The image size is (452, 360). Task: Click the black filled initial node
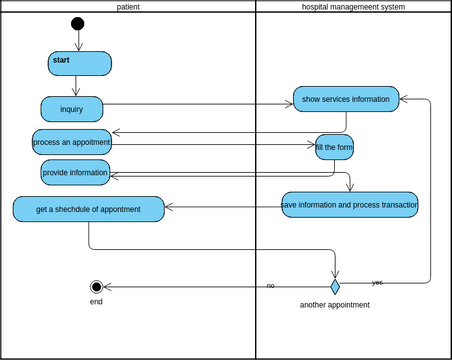(78, 24)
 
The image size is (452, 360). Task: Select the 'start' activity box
(79, 63)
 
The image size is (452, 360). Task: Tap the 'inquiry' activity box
(72, 108)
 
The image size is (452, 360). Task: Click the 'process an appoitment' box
(71, 142)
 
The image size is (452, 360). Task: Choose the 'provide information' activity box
(75, 172)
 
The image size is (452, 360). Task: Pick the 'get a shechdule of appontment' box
(88, 209)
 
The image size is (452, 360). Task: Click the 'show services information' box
(346, 99)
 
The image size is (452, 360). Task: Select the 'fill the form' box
(334, 147)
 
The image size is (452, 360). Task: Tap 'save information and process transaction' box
(350, 204)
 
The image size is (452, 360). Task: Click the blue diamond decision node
(335, 287)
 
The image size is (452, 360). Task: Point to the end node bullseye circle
(96, 287)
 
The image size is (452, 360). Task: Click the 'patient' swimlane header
(128, 6)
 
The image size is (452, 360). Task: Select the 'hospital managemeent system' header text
(353, 6)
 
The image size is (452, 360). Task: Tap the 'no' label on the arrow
(270, 286)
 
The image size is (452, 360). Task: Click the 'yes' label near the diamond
(377, 282)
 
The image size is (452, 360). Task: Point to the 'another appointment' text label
(335, 305)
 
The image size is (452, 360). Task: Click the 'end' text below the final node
(96, 302)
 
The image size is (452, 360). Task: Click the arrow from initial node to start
(78, 41)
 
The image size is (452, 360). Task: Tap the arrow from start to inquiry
(76, 86)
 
